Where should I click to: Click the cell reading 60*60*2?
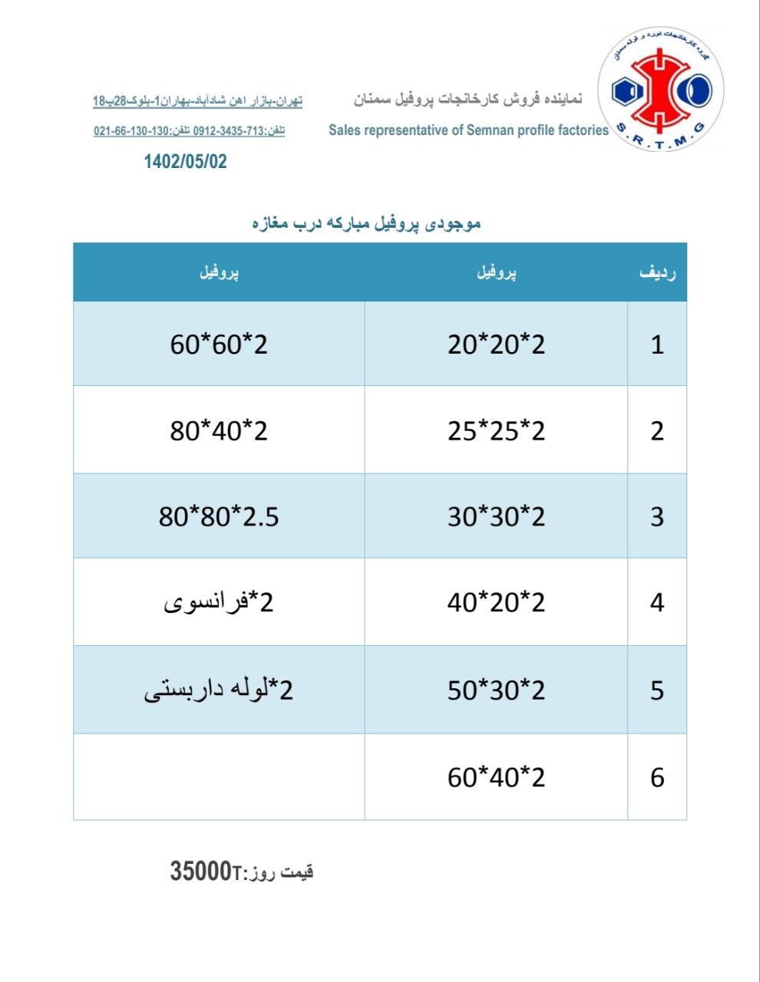[x=219, y=344]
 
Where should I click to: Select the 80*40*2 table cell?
[x=219, y=430]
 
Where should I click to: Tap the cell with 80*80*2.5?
[x=219, y=516]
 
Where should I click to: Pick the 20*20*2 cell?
[x=496, y=344]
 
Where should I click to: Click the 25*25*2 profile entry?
[x=496, y=430]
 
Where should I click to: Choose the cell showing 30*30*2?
[x=496, y=516]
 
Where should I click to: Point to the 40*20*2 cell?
[x=496, y=602]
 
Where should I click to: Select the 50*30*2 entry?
[x=496, y=690]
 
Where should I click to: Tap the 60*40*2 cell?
[x=496, y=777]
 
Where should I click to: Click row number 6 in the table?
[x=657, y=777]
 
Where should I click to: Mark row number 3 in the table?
[x=657, y=516]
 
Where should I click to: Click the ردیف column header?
[x=657, y=272]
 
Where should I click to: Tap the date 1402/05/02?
[x=186, y=161]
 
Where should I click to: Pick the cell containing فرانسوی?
[x=219, y=602]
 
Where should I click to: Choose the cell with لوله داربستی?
[x=219, y=690]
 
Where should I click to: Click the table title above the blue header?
[x=366, y=223]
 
